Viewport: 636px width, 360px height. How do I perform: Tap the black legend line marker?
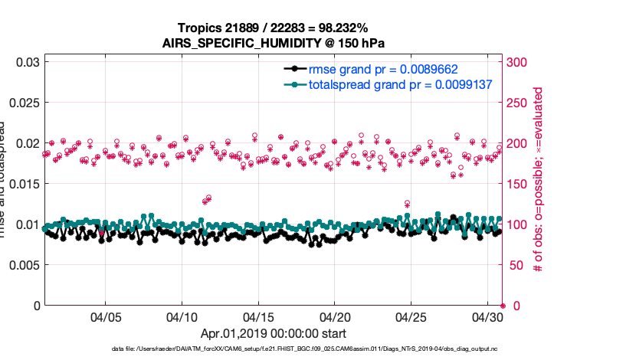coord(292,68)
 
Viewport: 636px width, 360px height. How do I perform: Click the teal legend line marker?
coord(292,84)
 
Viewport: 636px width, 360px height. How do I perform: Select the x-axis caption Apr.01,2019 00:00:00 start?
coord(273,333)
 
